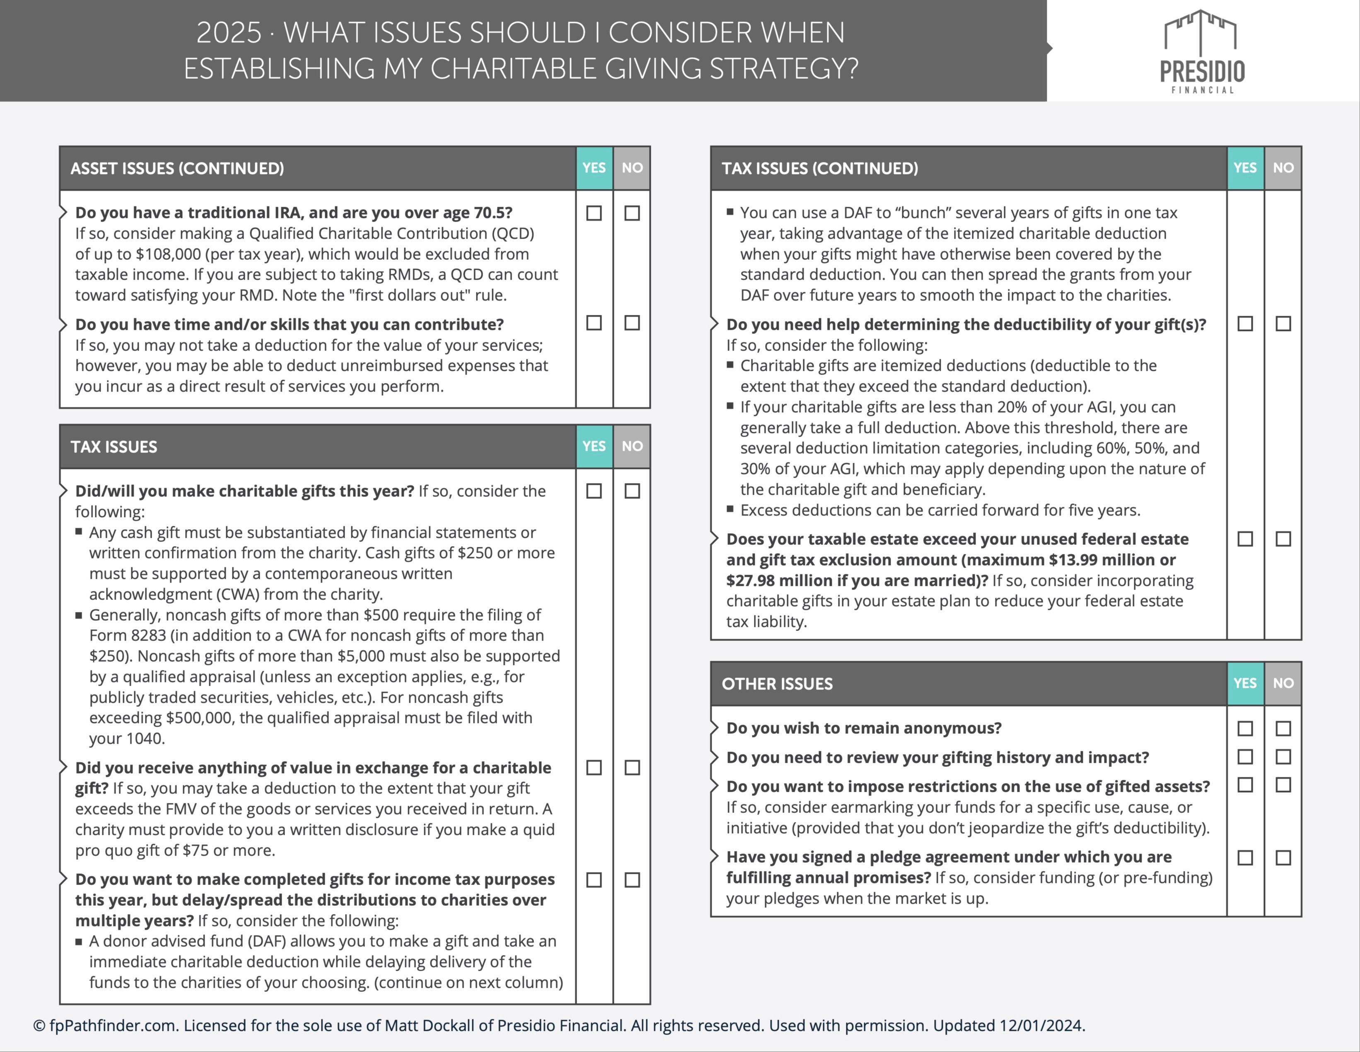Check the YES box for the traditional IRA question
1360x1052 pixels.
(x=594, y=213)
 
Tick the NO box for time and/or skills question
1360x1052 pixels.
(x=632, y=323)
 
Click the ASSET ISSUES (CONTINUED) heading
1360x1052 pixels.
(x=177, y=168)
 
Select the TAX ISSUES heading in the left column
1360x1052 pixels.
(x=114, y=447)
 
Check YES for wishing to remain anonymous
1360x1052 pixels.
(x=1245, y=728)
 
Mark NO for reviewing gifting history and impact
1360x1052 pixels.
(x=1283, y=757)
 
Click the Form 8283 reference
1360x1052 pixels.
(x=128, y=635)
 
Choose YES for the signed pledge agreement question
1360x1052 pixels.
(x=1245, y=858)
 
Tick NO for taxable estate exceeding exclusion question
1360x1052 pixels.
(x=1283, y=539)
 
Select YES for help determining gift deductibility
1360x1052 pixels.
(x=1245, y=324)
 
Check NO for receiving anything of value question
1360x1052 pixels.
(x=632, y=767)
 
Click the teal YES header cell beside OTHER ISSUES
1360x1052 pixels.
(x=1245, y=683)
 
